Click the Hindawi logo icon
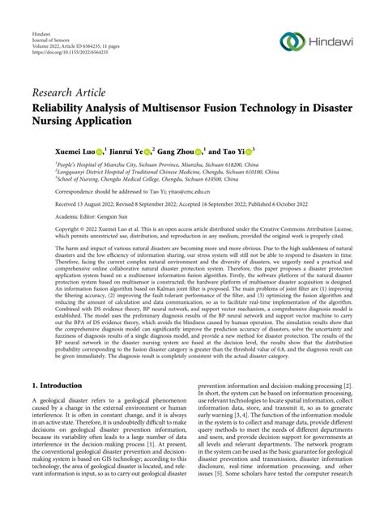tap(291, 42)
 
